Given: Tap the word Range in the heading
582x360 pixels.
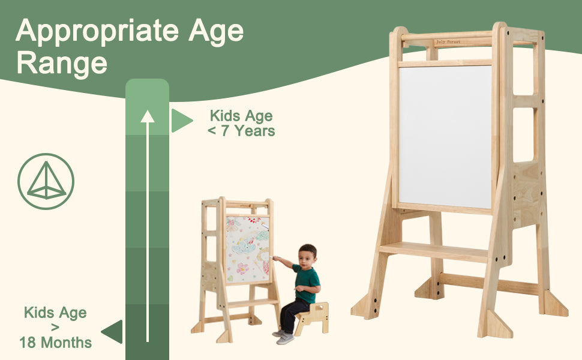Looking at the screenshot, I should click(62, 62).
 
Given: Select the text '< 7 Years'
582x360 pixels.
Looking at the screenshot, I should click(241, 131).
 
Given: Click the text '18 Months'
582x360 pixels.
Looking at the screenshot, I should click(55, 343).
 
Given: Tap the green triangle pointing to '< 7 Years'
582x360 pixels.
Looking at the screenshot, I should click(181, 121).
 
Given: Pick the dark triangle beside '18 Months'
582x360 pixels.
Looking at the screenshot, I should click(113, 332).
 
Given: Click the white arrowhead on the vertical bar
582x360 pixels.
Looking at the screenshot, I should click(147, 116).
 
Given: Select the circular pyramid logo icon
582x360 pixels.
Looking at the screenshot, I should click(46, 181).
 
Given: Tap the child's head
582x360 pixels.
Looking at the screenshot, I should click(307, 254).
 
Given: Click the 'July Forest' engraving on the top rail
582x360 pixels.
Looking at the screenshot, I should click(448, 42).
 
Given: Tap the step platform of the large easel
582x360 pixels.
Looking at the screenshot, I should click(433, 251).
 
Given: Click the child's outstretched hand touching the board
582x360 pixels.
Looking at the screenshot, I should click(275, 259).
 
